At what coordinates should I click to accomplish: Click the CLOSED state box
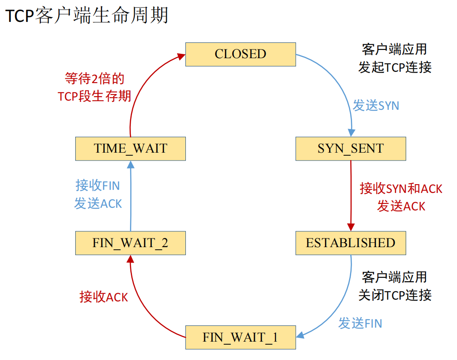(x=240, y=54)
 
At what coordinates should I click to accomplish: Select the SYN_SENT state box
(x=350, y=149)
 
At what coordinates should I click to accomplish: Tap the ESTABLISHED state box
(x=350, y=243)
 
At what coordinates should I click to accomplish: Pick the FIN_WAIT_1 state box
(x=240, y=338)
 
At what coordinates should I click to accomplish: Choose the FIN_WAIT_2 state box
(x=130, y=243)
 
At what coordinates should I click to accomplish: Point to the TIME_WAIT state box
(x=130, y=149)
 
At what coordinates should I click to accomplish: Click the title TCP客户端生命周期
(x=87, y=16)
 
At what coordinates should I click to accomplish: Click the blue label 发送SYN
(x=376, y=105)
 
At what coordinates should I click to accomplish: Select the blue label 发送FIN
(x=360, y=323)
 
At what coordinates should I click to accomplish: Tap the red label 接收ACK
(x=104, y=297)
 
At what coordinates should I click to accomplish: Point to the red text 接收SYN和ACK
(x=401, y=189)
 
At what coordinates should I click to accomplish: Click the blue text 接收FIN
(x=98, y=185)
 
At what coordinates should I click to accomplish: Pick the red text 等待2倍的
(x=94, y=79)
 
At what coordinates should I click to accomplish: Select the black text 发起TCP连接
(x=395, y=67)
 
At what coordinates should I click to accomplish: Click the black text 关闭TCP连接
(x=395, y=295)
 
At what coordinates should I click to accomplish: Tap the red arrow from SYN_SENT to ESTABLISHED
(x=350, y=192)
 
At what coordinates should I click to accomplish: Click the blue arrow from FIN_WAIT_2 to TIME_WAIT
(x=130, y=197)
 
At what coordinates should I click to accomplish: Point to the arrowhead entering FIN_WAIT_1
(x=300, y=336)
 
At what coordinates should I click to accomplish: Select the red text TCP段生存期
(x=94, y=96)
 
